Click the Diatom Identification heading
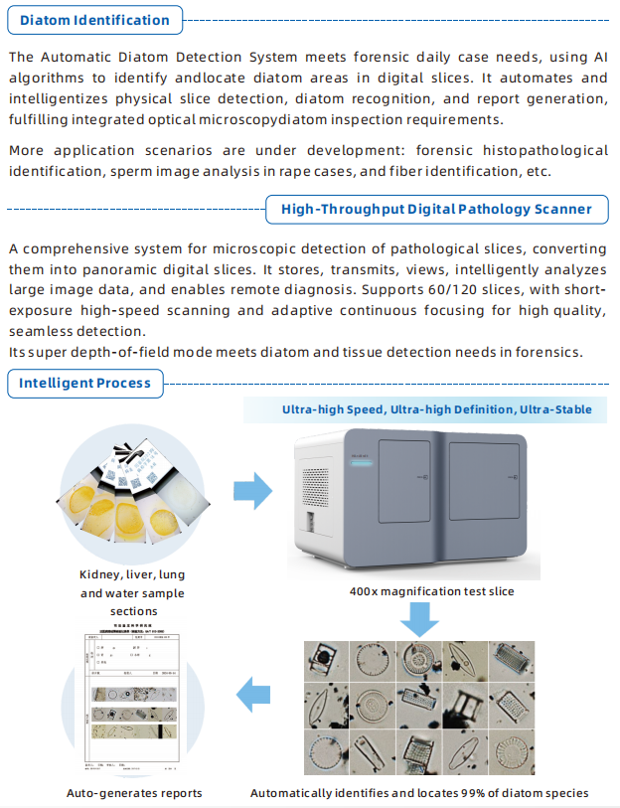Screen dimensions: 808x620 coord(94,20)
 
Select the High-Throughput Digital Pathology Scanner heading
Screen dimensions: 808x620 coord(436,209)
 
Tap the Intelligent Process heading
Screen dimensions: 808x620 coord(84,383)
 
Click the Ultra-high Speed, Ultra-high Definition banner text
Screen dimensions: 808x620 coord(436,409)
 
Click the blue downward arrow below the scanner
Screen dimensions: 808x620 coord(420,618)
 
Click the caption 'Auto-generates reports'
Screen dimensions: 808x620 coord(134,792)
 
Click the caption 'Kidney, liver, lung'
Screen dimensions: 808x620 coord(132,574)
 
